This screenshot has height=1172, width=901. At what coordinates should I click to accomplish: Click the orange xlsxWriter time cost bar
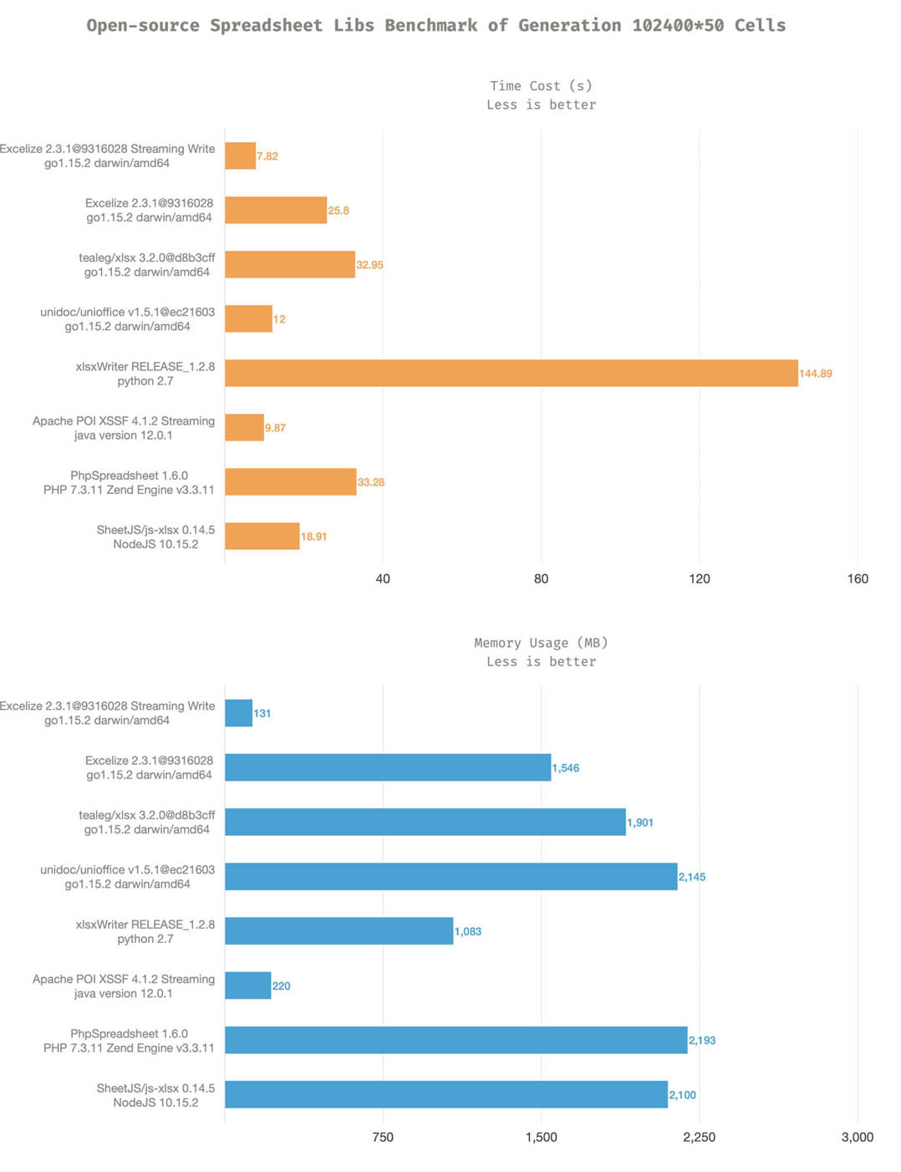(x=511, y=373)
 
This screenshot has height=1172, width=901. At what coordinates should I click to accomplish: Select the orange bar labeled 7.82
(x=240, y=155)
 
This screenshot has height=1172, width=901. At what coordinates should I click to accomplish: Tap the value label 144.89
(x=816, y=374)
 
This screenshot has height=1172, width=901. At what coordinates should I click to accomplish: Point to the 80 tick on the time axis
(x=541, y=578)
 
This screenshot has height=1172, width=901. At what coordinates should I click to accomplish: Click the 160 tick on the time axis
(x=858, y=578)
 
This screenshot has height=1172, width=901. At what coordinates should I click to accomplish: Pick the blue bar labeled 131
(x=238, y=713)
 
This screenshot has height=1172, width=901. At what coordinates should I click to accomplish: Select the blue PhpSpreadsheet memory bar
(x=456, y=1040)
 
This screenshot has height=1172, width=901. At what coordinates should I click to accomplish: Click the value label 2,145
(x=692, y=877)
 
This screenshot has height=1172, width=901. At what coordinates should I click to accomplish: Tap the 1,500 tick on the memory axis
(x=541, y=1137)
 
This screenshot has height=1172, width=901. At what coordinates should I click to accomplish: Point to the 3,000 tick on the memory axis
(x=858, y=1137)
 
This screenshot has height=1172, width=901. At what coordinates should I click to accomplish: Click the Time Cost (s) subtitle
(x=541, y=85)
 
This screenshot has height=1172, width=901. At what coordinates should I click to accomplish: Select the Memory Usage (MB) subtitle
(x=541, y=643)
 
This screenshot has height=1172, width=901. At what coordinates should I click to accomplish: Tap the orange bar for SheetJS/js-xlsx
(x=262, y=536)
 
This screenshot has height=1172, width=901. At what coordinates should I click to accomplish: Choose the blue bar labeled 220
(x=247, y=986)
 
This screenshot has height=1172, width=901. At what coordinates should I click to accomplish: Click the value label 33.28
(x=371, y=482)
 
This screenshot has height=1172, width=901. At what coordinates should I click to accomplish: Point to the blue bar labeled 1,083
(x=339, y=931)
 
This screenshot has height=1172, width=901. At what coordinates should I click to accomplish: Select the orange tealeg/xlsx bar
(x=289, y=264)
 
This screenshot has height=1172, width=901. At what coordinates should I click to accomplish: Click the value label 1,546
(x=566, y=768)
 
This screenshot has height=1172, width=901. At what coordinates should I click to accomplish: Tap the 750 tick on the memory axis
(x=383, y=1137)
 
